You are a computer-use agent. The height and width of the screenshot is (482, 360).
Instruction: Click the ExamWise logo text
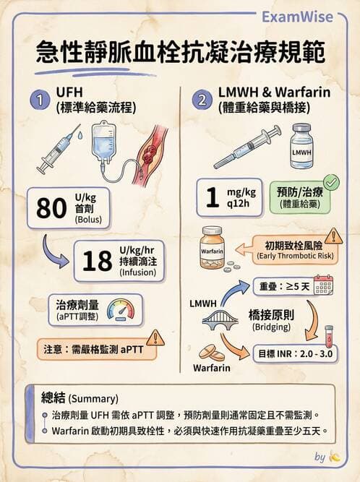tap(297, 17)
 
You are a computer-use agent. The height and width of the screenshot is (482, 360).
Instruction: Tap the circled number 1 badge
tap(40, 100)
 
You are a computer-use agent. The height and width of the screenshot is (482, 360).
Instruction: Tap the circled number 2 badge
tap(202, 100)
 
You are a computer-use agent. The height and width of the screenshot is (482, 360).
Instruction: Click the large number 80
tap(51, 208)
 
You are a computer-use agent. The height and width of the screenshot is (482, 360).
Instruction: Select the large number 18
tap(97, 261)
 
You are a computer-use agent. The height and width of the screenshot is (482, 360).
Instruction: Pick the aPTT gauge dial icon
tap(121, 310)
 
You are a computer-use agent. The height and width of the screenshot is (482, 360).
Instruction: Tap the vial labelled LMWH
tap(301, 146)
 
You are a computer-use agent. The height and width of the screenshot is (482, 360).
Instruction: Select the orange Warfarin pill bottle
tap(213, 247)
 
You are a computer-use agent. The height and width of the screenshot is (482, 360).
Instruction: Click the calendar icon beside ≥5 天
tap(323, 285)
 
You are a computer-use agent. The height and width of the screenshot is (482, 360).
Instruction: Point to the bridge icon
tap(220, 319)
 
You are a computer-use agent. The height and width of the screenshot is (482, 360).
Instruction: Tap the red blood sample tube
tap(329, 336)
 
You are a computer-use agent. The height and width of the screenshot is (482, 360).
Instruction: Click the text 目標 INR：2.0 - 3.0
tap(296, 353)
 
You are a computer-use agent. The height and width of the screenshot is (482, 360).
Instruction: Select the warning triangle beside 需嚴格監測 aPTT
tap(155, 338)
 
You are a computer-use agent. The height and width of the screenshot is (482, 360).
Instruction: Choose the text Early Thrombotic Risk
tap(296, 256)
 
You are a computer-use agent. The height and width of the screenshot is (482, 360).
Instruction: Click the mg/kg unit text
tap(241, 192)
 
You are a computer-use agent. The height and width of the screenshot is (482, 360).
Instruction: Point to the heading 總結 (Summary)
tap(80, 398)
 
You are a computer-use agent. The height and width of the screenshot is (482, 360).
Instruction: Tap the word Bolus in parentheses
tap(88, 220)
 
